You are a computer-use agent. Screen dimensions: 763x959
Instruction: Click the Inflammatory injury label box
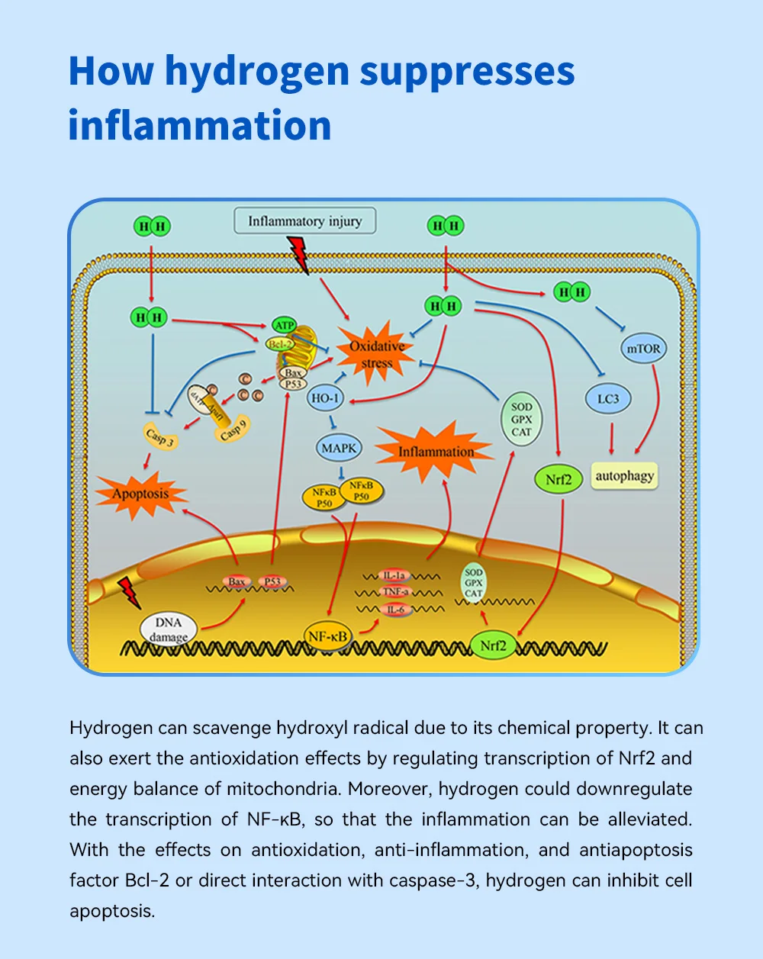pyautogui.click(x=305, y=220)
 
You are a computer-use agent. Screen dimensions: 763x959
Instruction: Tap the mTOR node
pyautogui.click(x=643, y=348)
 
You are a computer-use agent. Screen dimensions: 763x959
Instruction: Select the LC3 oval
pyautogui.click(x=608, y=398)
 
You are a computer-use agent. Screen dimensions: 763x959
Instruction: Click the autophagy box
pyautogui.click(x=624, y=476)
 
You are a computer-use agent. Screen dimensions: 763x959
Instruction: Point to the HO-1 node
pyautogui.click(x=325, y=398)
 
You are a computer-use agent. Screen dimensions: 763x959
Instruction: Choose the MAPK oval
pyautogui.click(x=339, y=448)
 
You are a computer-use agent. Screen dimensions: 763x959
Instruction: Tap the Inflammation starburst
pyautogui.click(x=435, y=451)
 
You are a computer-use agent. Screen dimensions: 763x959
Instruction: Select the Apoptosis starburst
pyautogui.click(x=141, y=494)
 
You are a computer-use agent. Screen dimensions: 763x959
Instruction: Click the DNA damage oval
pyautogui.click(x=169, y=629)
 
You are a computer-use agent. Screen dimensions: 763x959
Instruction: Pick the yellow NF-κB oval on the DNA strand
pyautogui.click(x=327, y=636)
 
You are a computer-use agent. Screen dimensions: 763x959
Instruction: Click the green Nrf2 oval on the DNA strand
pyautogui.click(x=494, y=645)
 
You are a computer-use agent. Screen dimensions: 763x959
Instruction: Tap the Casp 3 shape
pyautogui.click(x=160, y=436)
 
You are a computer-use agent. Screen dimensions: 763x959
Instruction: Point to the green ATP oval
pyautogui.click(x=284, y=325)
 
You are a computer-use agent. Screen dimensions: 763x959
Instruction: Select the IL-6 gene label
pyautogui.click(x=395, y=609)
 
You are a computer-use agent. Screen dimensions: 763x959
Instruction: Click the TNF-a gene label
pyautogui.click(x=395, y=592)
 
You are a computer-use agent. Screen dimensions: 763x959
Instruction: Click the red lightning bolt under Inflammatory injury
pyautogui.click(x=298, y=254)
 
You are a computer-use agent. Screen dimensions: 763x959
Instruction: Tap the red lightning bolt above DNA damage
pyautogui.click(x=129, y=593)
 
